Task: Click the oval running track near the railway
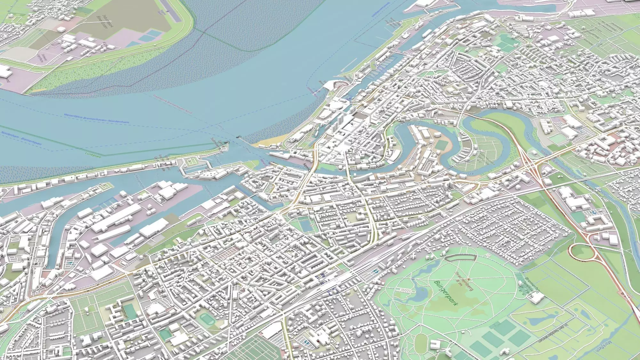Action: click(204, 318)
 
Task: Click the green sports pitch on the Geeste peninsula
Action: click(440, 144)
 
